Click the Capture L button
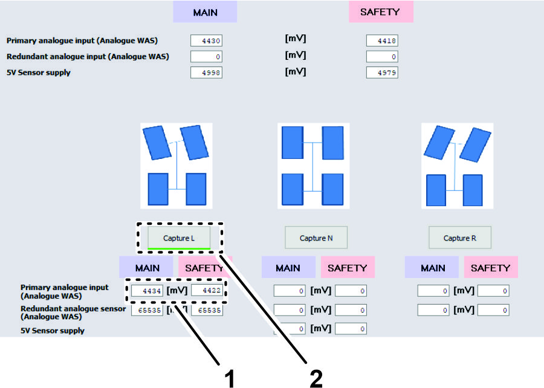[x=179, y=238]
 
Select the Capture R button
[x=460, y=238]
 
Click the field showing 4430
[x=207, y=41]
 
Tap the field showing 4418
[x=382, y=41]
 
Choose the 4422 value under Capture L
[x=207, y=291]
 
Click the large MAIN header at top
[x=205, y=12]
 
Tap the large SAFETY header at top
[x=381, y=12]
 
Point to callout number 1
[x=229, y=378]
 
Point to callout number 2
[x=316, y=378]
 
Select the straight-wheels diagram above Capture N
[x=312, y=166]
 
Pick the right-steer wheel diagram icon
[x=458, y=166]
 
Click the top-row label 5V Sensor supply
[x=38, y=73]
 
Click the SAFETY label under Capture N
[x=348, y=268]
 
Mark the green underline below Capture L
[x=179, y=248]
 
